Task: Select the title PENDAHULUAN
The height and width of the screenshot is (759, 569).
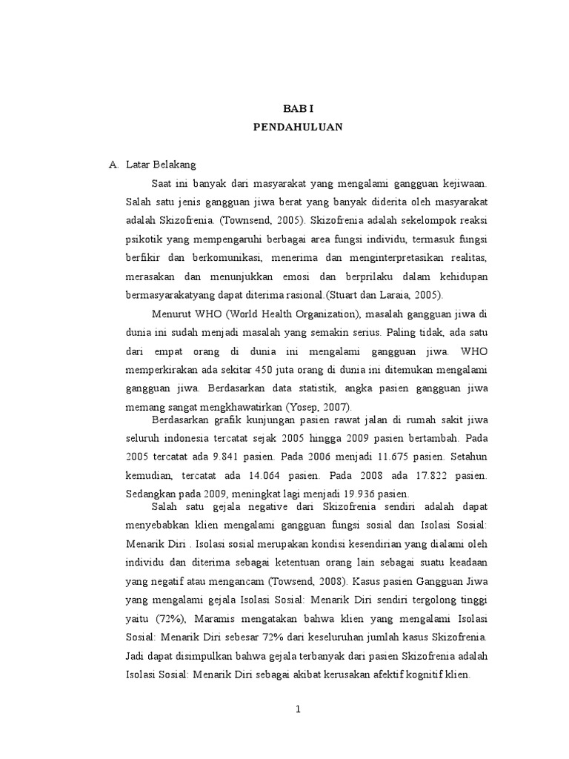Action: tap(298, 127)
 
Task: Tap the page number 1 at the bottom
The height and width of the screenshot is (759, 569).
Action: tap(298, 709)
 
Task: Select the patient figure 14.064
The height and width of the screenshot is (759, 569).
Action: tap(262, 477)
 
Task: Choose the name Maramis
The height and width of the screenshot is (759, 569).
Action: tap(222, 617)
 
